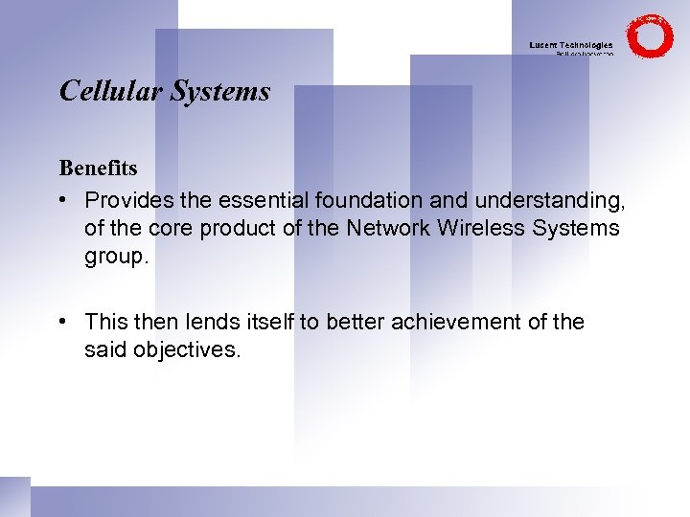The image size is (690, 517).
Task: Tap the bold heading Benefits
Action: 98,169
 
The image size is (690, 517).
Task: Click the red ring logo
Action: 651,36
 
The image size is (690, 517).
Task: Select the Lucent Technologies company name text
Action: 571,45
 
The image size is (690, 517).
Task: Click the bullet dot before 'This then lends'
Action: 62,323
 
